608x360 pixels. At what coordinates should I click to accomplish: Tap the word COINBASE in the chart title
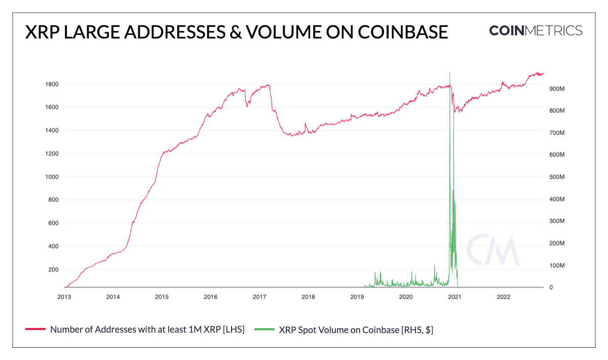tap(402, 32)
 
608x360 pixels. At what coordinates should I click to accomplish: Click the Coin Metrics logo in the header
tap(536, 30)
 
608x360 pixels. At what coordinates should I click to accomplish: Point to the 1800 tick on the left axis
tap(52, 84)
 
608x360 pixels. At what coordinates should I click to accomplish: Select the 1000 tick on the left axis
tap(52, 177)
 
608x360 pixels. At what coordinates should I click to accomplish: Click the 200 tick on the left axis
tap(54, 269)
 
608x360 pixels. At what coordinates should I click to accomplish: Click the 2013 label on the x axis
tap(64, 297)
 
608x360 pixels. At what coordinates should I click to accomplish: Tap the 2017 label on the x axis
tap(259, 297)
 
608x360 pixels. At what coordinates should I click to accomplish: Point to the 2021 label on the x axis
tap(454, 297)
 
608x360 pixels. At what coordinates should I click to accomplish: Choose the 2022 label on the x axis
tap(503, 297)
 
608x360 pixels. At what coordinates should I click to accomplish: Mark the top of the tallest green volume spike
tap(450, 72)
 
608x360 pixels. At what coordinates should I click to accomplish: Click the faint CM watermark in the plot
tap(493, 250)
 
